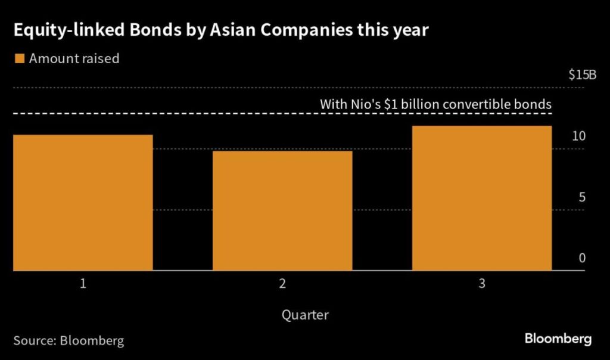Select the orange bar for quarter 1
pos(83,203)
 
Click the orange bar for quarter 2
pos(282,211)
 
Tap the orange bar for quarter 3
pos(482,198)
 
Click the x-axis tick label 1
pos(83,284)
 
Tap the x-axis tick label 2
pos(282,284)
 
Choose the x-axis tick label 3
pos(482,284)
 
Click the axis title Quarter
pos(305,314)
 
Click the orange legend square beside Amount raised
pos(19,58)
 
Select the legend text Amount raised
pos(74,58)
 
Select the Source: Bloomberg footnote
pos(69,341)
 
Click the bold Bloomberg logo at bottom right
pos(558,339)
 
